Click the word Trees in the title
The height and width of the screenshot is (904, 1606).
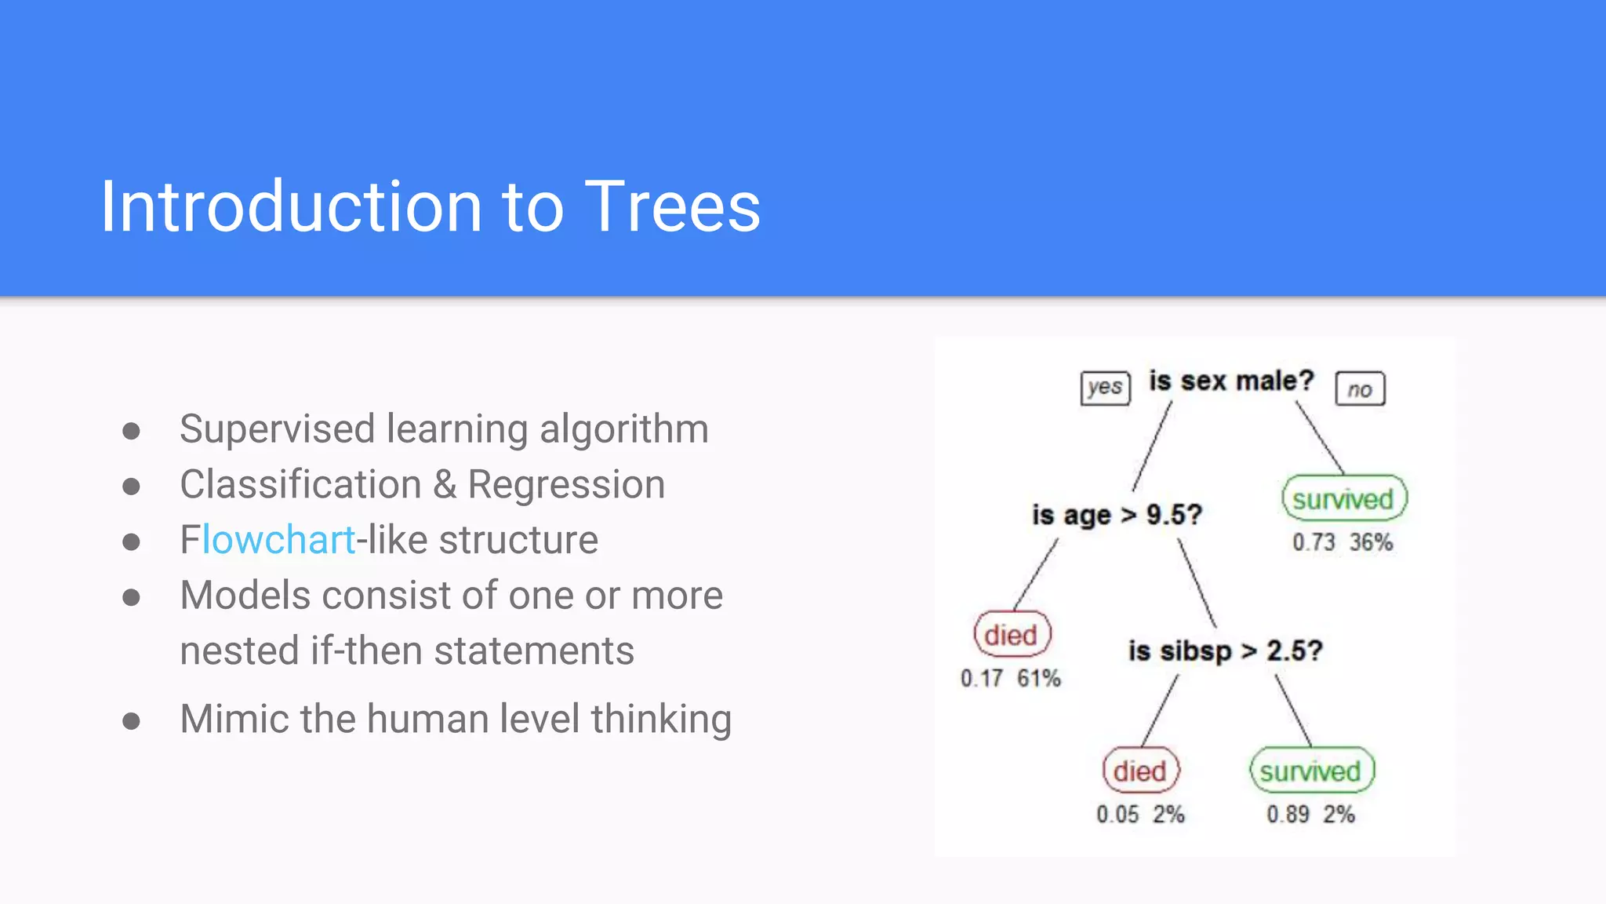[x=672, y=207]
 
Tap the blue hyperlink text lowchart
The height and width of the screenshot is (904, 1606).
[x=278, y=540]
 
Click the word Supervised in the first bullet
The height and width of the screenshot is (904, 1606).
[x=277, y=429]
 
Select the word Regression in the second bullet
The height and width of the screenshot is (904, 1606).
[x=566, y=484]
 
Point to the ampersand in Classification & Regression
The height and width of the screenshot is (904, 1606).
[x=445, y=484]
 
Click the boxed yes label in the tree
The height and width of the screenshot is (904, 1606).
[x=1105, y=388]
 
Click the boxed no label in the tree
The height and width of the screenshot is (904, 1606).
[x=1360, y=389]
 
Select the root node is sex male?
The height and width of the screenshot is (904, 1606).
[x=1230, y=381]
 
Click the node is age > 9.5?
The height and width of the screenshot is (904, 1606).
[x=1117, y=516]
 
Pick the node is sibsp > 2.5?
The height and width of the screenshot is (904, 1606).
[x=1225, y=651]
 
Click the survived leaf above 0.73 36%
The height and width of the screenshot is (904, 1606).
[x=1343, y=499]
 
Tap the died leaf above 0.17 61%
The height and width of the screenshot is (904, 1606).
[x=1011, y=635]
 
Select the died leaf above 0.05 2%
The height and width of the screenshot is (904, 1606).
[x=1139, y=771]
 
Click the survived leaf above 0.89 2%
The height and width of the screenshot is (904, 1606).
[x=1310, y=771]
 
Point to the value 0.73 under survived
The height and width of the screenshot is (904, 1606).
[x=1313, y=542]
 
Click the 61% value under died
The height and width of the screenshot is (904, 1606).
[x=1039, y=678]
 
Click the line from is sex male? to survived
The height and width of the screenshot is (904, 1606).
[x=1320, y=439]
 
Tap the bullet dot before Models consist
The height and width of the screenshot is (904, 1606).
[x=131, y=598]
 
